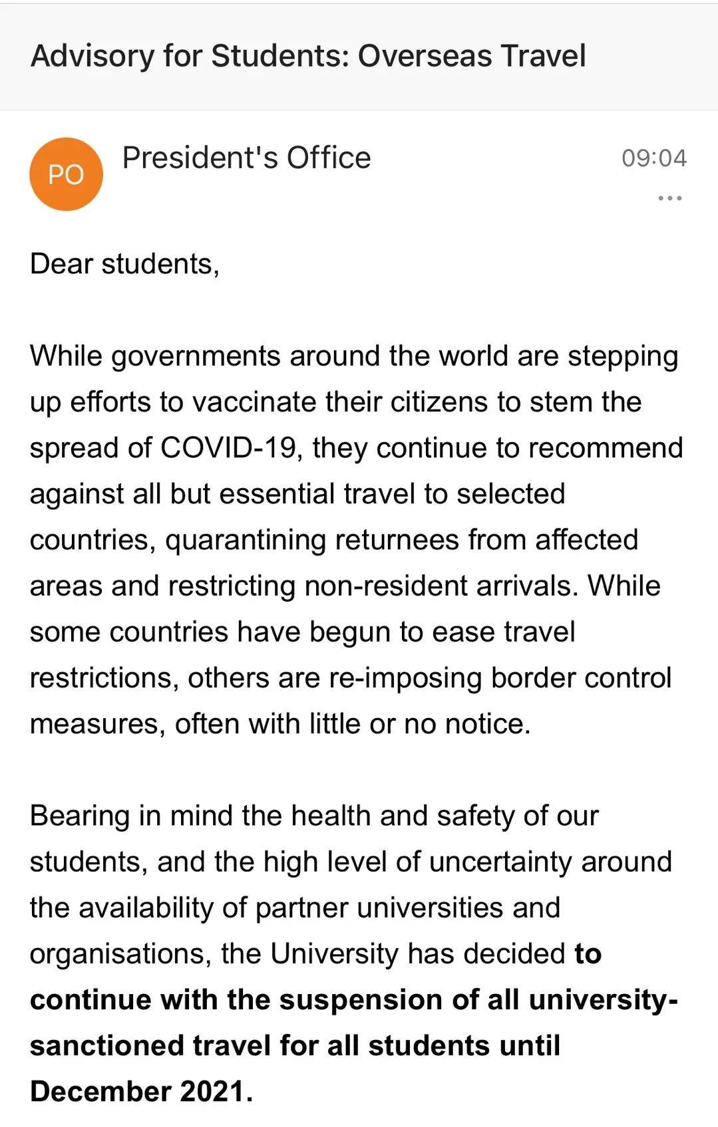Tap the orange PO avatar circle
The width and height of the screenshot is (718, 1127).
click(x=66, y=174)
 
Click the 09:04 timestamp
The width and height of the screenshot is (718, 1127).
click(x=653, y=158)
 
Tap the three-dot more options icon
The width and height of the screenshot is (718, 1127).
click(x=669, y=198)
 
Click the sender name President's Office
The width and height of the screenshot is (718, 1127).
click(x=246, y=158)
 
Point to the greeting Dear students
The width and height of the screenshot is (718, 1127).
click(x=124, y=264)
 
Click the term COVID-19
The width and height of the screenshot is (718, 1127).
click(x=228, y=448)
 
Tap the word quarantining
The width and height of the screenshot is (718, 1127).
click(x=246, y=540)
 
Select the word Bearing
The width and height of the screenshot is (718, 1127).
click(x=80, y=816)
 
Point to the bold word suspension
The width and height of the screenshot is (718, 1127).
click(x=351, y=1000)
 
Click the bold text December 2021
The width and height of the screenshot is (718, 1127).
click(x=140, y=1092)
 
